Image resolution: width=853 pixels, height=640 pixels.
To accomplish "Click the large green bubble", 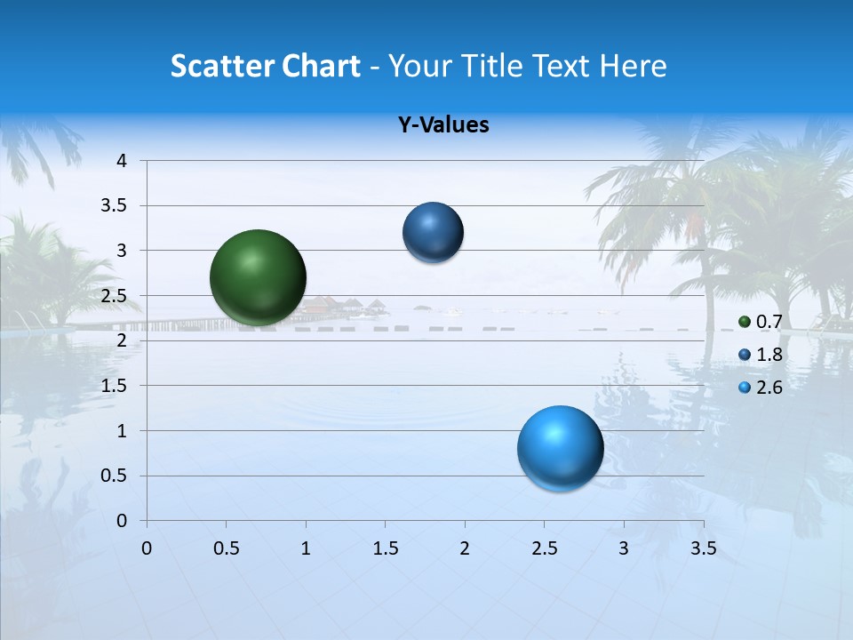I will [x=259, y=277].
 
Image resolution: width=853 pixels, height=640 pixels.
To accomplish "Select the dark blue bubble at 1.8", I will [x=433, y=233].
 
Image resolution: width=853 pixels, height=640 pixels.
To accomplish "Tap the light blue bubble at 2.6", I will [x=560, y=448].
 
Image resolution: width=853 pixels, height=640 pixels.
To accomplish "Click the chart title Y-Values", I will [x=443, y=125].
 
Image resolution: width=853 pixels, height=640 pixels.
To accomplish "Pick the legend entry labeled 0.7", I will [x=761, y=322].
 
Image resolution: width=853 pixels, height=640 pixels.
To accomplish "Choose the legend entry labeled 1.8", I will [x=761, y=355].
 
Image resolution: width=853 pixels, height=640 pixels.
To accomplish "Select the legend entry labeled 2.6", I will [x=761, y=388].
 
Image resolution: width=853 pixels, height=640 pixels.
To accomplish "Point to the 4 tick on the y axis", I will [x=122, y=161].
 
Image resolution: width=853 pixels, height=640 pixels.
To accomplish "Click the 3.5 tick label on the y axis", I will [x=115, y=205].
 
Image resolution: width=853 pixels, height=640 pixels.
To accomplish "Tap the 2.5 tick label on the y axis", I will [x=115, y=296].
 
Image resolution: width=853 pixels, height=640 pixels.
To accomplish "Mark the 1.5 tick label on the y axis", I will [x=115, y=386].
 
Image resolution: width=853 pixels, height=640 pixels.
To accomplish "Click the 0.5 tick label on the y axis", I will [x=115, y=476].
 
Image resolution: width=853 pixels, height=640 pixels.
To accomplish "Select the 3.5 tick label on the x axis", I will [x=703, y=548].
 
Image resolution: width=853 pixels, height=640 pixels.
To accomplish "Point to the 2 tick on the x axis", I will [x=464, y=548].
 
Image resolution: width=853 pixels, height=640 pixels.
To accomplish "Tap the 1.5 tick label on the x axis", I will [x=385, y=548].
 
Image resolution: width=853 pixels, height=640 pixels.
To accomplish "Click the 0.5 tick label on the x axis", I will [x=226, y=548].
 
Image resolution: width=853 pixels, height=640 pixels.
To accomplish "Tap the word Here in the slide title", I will [x=633, y=66].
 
